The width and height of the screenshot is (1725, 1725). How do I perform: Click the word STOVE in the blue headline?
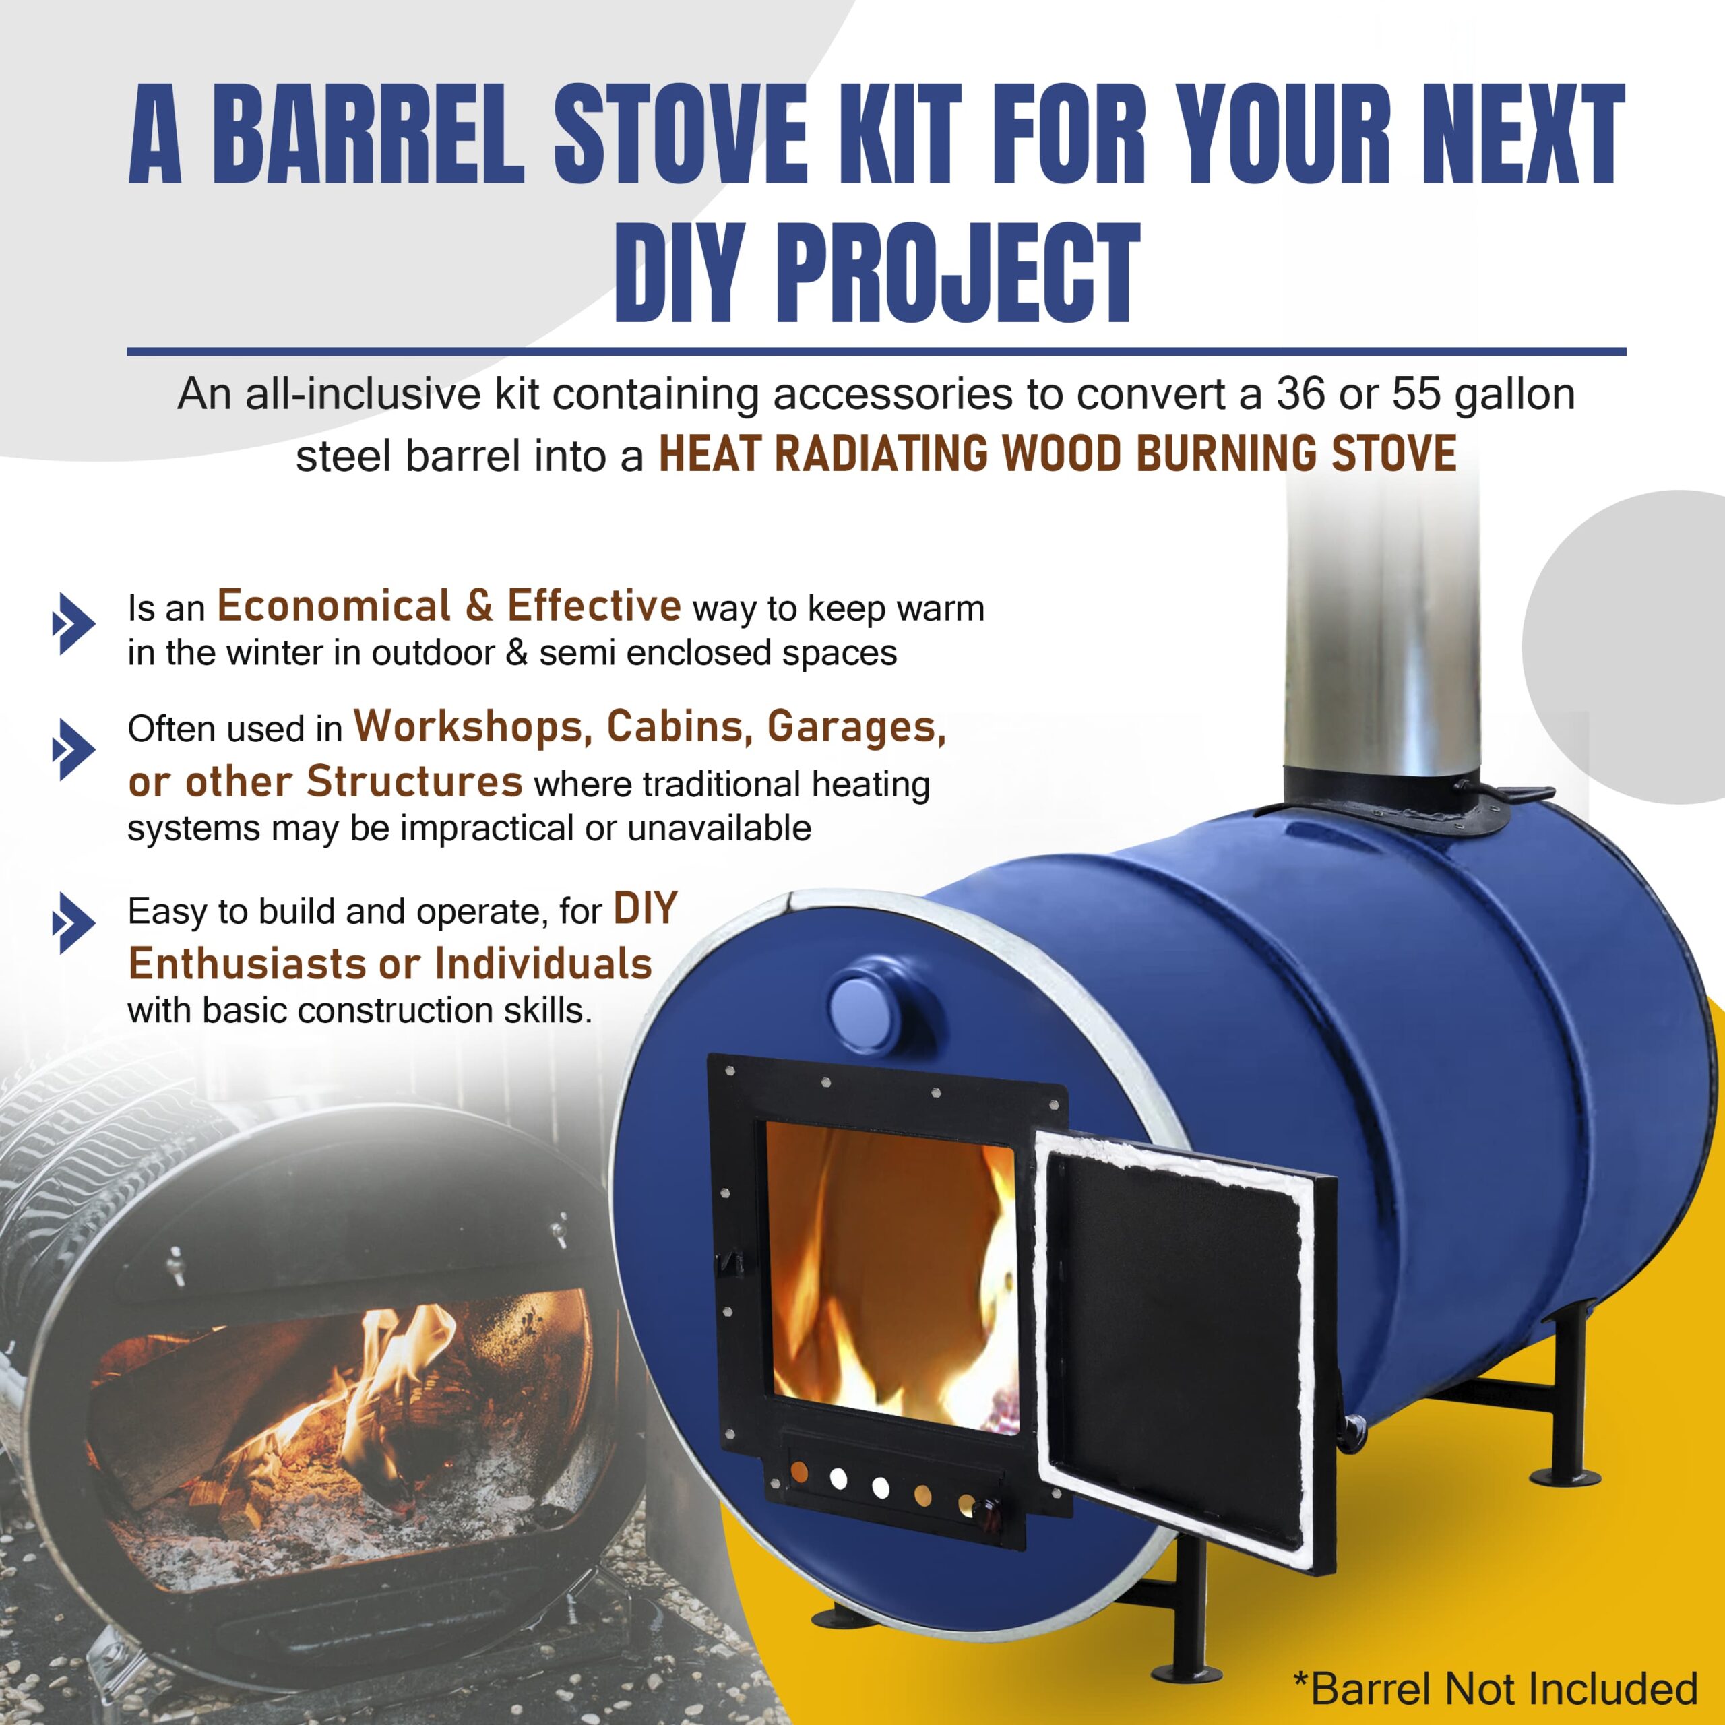[x=681, y=134]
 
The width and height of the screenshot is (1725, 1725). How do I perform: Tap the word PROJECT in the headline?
[x=957, y=272]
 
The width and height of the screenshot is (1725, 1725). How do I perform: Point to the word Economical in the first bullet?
[x=334, y=606]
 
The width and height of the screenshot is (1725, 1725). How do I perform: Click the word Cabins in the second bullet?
[x=676, y=728]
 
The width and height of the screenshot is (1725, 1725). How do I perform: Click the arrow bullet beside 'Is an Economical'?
[x=74, y=623]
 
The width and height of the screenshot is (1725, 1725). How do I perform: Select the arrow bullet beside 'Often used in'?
[x=74, y=749]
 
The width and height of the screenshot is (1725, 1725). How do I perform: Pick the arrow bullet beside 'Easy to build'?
[x=74, y=922]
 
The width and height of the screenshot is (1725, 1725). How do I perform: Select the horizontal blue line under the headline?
[x=876, y=352]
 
